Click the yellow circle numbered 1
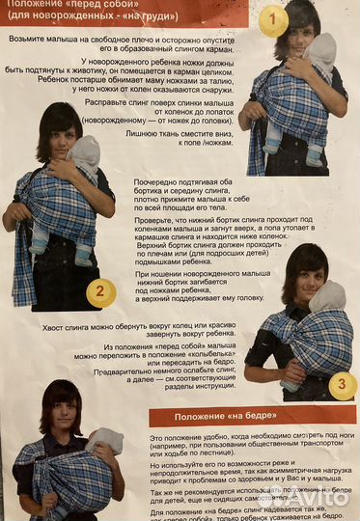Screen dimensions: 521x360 273,19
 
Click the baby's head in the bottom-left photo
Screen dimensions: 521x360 104,442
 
